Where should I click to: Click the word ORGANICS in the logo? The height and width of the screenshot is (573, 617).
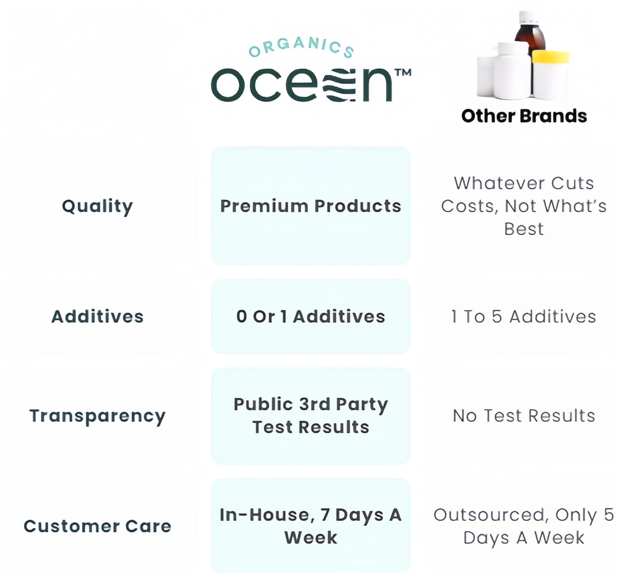(301, 48)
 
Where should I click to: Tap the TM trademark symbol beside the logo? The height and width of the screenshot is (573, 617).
(403, 72)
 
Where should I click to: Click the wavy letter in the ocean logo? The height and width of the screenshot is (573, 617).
(339, 85)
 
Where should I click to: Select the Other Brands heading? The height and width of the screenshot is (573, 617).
(524, 116)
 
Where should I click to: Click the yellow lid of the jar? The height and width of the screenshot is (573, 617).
(551, 56)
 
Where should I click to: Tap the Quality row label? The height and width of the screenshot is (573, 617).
(97, 207)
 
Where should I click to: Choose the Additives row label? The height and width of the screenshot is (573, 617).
(97, 317)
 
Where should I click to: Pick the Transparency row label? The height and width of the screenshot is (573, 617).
(97, 416)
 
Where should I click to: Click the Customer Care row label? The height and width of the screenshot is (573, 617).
(97, 526)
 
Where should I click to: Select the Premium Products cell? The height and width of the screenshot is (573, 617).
(311, 206)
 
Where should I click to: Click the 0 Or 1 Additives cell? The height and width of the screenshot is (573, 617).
(311, 317)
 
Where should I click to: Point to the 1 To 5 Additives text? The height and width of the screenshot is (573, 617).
(524, 317)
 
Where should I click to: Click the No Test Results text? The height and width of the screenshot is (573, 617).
(524, 416)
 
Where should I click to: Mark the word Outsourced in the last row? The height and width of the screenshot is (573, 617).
(489, 515)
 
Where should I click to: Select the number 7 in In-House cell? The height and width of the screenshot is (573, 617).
(325, 515)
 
